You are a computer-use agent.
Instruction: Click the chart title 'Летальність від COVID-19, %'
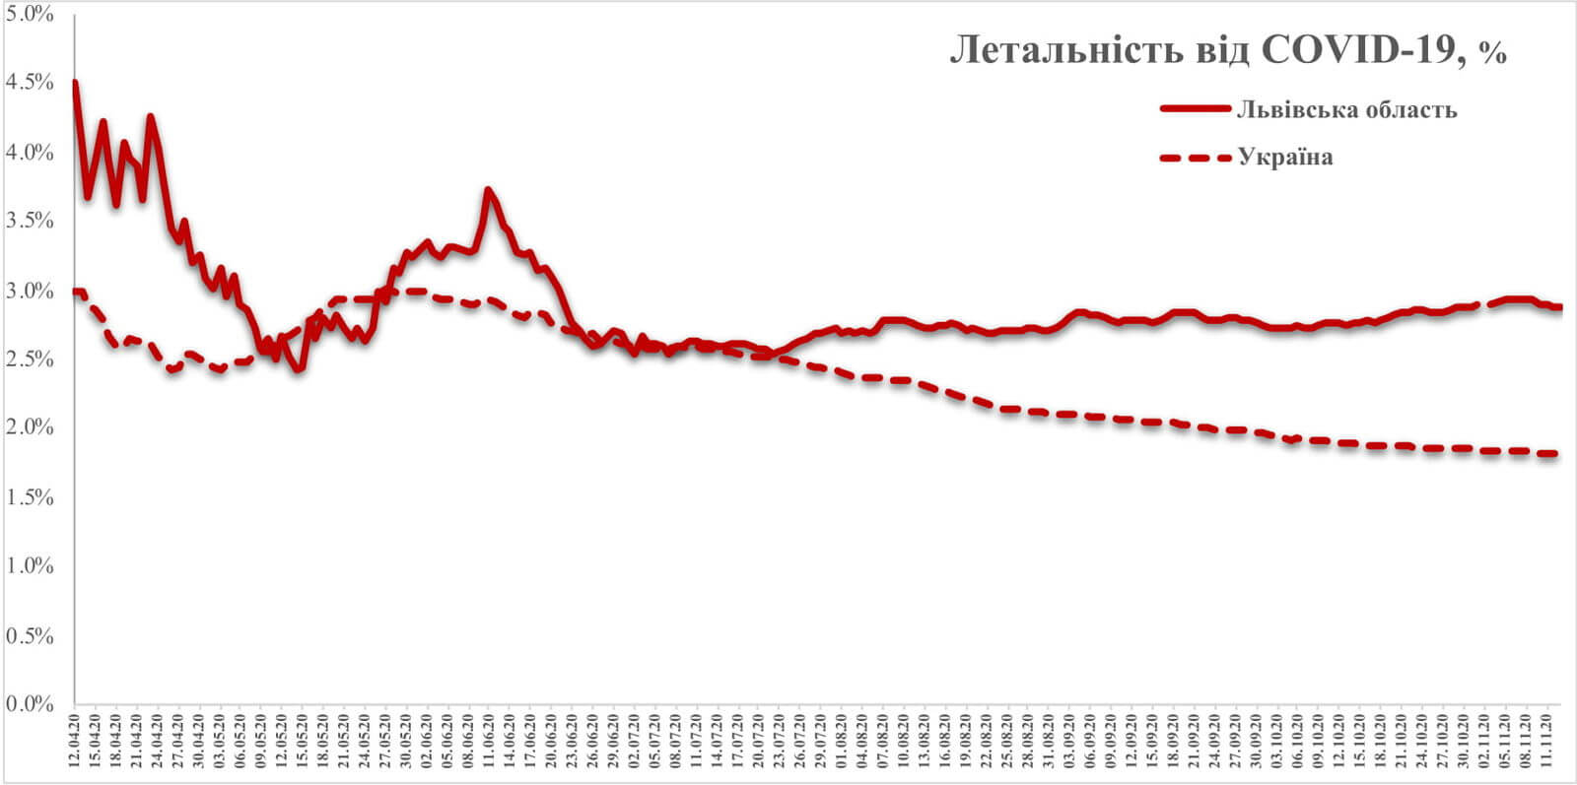(x=1228, y=50)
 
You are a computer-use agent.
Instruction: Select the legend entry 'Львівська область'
(x=1346, y=109)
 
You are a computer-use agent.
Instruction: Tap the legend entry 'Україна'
(x=1285, y=158)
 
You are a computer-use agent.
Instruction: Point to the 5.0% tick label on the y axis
(x=30, y=14)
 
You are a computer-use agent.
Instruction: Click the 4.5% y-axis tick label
(x=30, y=83)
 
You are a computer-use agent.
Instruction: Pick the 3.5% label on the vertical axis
(x=30, y=221)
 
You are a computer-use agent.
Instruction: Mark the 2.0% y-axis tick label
(x=30, y=427)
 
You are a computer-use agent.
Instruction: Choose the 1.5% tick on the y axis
(x=30, y=496)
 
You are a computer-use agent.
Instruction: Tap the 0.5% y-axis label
(x=30, y=635)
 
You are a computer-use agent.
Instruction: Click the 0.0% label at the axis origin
(x=30, y=704)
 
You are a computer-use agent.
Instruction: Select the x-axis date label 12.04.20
(x=75, y=740)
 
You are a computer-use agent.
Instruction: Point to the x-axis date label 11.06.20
(x=489, y=740)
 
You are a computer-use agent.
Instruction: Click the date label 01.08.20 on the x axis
(x=841, y=740)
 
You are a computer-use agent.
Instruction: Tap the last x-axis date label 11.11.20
(x=1545, y=740)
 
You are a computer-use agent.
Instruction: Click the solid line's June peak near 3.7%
(x=488, y=189)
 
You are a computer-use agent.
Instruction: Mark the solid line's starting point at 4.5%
(x=75, y=83)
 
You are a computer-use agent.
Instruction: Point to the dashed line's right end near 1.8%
(x=1555, y=453)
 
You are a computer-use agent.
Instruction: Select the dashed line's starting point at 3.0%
(x=76, y=291)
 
